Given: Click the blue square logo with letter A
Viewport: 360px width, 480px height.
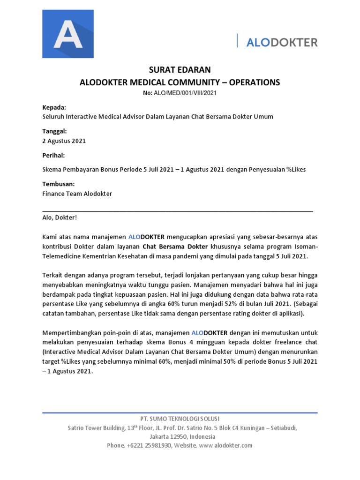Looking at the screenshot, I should click(68, 33).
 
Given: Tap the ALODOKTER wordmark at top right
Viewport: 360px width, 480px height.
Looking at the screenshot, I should click(282, 42).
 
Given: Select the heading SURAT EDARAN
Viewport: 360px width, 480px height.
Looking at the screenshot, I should click(180, 70).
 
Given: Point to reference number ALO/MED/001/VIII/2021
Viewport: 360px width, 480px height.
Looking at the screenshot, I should click(187, 93).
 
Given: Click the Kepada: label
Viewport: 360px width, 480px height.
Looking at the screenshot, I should click(54, 107).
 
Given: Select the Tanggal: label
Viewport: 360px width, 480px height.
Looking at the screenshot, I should click(55, 131).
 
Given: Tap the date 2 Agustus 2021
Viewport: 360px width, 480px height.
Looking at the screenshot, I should click(64, 141).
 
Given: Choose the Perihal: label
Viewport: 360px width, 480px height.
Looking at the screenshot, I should click(53, 155).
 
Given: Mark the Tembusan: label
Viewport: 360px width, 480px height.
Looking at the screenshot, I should click(58, 184).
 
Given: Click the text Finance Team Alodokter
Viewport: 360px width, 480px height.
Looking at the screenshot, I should click(77, 193).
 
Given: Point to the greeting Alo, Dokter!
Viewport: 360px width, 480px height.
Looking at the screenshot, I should click(60, 217).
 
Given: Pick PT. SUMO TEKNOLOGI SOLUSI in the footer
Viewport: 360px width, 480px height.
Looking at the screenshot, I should click(180, 419).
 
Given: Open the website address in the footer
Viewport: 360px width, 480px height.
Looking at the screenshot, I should click(225, 445).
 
